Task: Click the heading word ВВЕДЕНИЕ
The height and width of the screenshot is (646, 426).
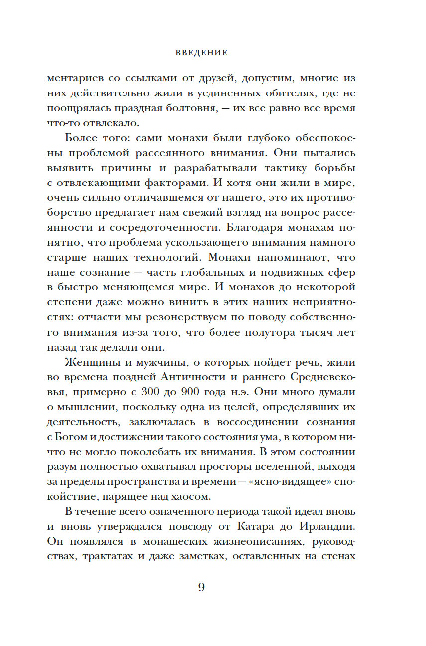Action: [x=202, y=52]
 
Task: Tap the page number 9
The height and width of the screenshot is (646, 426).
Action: [x=201, y=587]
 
